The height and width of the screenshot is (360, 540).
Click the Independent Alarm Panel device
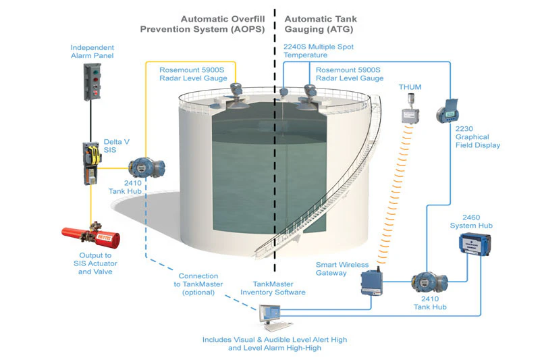coord(92,82)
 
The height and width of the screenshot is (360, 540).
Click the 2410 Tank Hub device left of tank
coord(142,168)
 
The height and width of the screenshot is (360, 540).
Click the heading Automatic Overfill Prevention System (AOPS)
coord(202,24)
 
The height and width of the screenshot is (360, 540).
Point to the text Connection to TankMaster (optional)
coord(198,284)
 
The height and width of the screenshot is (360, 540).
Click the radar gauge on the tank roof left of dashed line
coord(236,92)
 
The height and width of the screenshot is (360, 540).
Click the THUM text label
coord(410,87)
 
